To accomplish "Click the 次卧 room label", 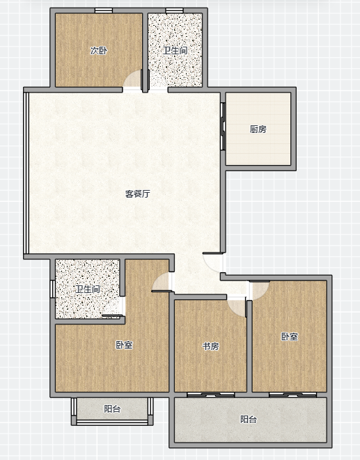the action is coord(99,51).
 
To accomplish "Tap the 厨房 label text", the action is coord(258,129).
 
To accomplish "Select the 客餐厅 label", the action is coord(138,193).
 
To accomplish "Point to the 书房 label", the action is coord(210,346).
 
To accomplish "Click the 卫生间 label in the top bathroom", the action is coord(175,51).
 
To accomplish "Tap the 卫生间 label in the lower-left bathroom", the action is coord(88,290).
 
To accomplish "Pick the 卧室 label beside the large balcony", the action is coord(290,337).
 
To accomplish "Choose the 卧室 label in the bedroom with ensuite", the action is coord(124,344).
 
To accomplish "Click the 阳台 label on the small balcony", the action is coord(112,409).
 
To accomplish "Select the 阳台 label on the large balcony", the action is coord(249,419).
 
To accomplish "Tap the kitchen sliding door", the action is coord(223,126).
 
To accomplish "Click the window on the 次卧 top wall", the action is coord(104,10).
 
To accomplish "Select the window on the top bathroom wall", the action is coord(174,10).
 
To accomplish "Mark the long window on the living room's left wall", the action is coord(26,173).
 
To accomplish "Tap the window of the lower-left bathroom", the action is coord(53,289).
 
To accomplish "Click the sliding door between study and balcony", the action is coord(210,395).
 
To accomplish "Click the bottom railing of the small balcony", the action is coord(112,422).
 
